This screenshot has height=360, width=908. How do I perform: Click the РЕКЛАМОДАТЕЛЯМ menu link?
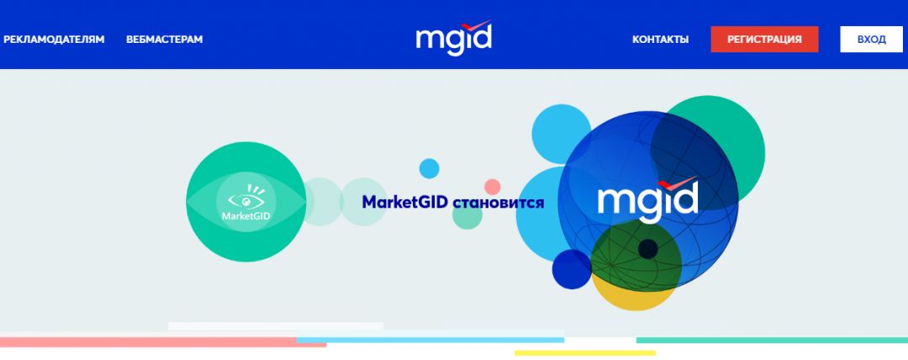coord(54,40)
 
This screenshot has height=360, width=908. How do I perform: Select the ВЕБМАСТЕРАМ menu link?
coord(165,40)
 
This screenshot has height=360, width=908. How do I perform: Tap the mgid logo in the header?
coord(453,39)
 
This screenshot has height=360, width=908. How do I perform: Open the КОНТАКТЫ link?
coord(660,40)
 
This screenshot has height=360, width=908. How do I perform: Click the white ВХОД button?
coord(871,40)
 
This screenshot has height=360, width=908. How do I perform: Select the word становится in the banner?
coord(499,203)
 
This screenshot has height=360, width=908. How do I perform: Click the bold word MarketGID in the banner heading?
coord(405,203)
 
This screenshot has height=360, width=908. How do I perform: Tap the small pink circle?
coord(493,187)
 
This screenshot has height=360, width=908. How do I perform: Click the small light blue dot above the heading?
coord(430,168)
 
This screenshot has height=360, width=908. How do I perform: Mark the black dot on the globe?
coord(647,249)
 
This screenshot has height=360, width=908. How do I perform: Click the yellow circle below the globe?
coord(634,294)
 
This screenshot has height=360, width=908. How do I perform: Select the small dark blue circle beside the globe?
coord(572,269)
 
